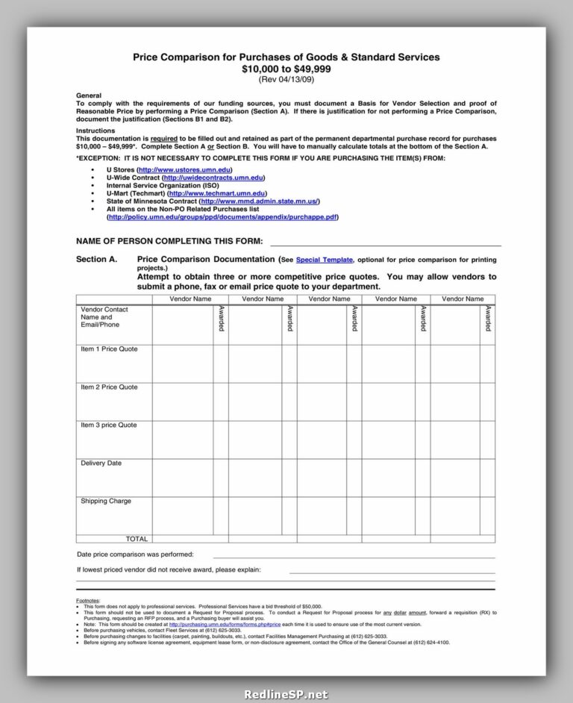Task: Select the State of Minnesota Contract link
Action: click(260, 201)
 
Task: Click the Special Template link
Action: click(325, 260)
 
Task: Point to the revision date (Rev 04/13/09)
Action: click(286, 79)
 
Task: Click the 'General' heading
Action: click(89, 96)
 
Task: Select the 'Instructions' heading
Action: click(95, 131)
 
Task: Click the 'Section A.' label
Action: click(97, 260)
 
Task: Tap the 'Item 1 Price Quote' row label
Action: click(109, 349)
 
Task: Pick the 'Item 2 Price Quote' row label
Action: click(109, 387)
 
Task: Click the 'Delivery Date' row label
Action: click(101, 463)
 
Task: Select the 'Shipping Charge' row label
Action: click(105, 502)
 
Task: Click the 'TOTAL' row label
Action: click(137, 539)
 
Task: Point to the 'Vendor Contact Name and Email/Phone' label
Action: click(104, 317)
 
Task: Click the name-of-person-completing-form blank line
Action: click(384, 244)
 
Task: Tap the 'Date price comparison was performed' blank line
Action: click(354, 556)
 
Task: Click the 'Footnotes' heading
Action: click(88, 601)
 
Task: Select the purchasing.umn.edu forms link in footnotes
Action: click(225, 624)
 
